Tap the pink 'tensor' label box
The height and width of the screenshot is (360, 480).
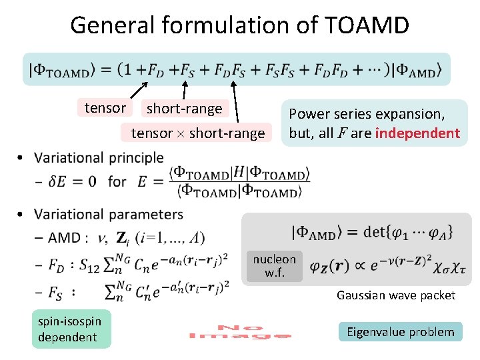(x=105, y=107)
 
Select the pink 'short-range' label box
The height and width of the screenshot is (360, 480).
(x=184, y=108)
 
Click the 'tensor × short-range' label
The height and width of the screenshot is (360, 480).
(x=197, y=133)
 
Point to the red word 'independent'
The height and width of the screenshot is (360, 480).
(x=417, y=133)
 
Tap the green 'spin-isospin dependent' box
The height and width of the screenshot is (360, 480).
(x=70, y=329)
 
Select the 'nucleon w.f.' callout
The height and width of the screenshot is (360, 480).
(x=274, y=265)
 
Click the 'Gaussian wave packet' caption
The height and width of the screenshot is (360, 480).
(x=395, y=295)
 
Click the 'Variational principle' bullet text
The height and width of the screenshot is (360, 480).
(x=99, y=158)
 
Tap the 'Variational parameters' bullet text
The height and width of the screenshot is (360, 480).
(x=108, y=214)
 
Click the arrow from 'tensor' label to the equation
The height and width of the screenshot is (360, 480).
(x=139, y=89)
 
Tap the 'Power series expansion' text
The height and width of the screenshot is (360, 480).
(x=366, y=113)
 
